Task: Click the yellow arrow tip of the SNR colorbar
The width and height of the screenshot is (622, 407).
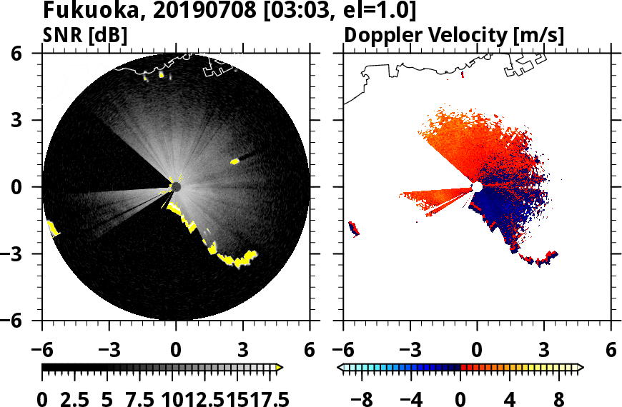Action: (x=280, y=368)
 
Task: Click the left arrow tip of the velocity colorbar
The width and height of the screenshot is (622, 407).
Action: (x=340, y=368)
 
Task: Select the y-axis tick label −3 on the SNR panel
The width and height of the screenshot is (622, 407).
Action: (x=24, y=254)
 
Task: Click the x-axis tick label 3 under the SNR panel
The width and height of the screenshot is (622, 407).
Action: (x=243, y=351)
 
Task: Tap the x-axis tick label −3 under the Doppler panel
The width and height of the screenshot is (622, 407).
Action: (x=410, y=351)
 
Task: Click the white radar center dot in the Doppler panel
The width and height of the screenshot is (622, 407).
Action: (x=477, y=187)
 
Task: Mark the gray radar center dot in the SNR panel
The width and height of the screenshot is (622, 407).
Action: (x=176, y=187)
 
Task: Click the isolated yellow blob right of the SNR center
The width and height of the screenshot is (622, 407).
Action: (x=235, y=162)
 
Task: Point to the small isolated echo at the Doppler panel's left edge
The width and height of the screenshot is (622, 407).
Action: (x=352, y=228)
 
